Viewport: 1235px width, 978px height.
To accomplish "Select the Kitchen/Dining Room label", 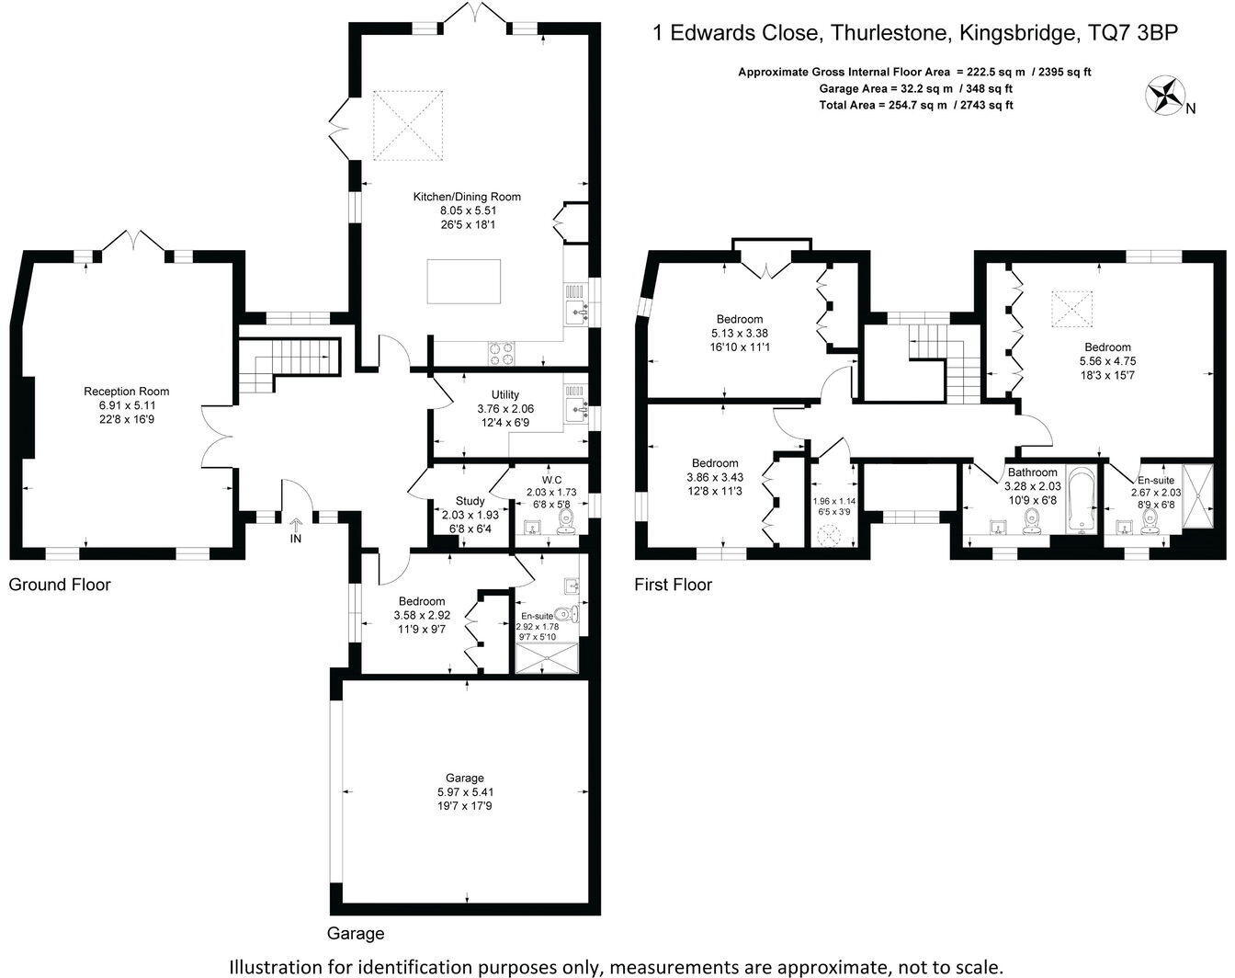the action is [x=467, y=197].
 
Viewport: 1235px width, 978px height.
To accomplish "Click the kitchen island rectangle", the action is [x=464, y=281].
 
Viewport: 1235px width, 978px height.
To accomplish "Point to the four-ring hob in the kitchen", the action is [x=501, y=353].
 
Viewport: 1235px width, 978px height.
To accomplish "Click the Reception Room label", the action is [x=126, y=391].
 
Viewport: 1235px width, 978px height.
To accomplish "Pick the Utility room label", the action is [x=505, y=394].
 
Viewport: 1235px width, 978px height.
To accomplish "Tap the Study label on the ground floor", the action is [x=470, y=501].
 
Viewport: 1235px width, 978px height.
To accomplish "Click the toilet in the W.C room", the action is [x=567, y=522].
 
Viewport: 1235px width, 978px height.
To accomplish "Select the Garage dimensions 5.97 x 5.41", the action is [x=465, y=792].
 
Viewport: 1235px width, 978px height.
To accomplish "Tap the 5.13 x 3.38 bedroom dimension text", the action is [x=740, y=333].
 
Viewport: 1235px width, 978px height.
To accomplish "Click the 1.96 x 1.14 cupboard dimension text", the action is [x=833, y=501].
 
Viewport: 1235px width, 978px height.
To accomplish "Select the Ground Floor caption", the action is [x=60, y=585].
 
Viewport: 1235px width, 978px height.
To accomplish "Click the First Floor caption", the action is [x=674, y=585].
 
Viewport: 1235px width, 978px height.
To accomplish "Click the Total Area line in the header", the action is [x=916, y=105].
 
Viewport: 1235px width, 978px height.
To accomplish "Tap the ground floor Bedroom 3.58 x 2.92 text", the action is [x=422, y=615].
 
